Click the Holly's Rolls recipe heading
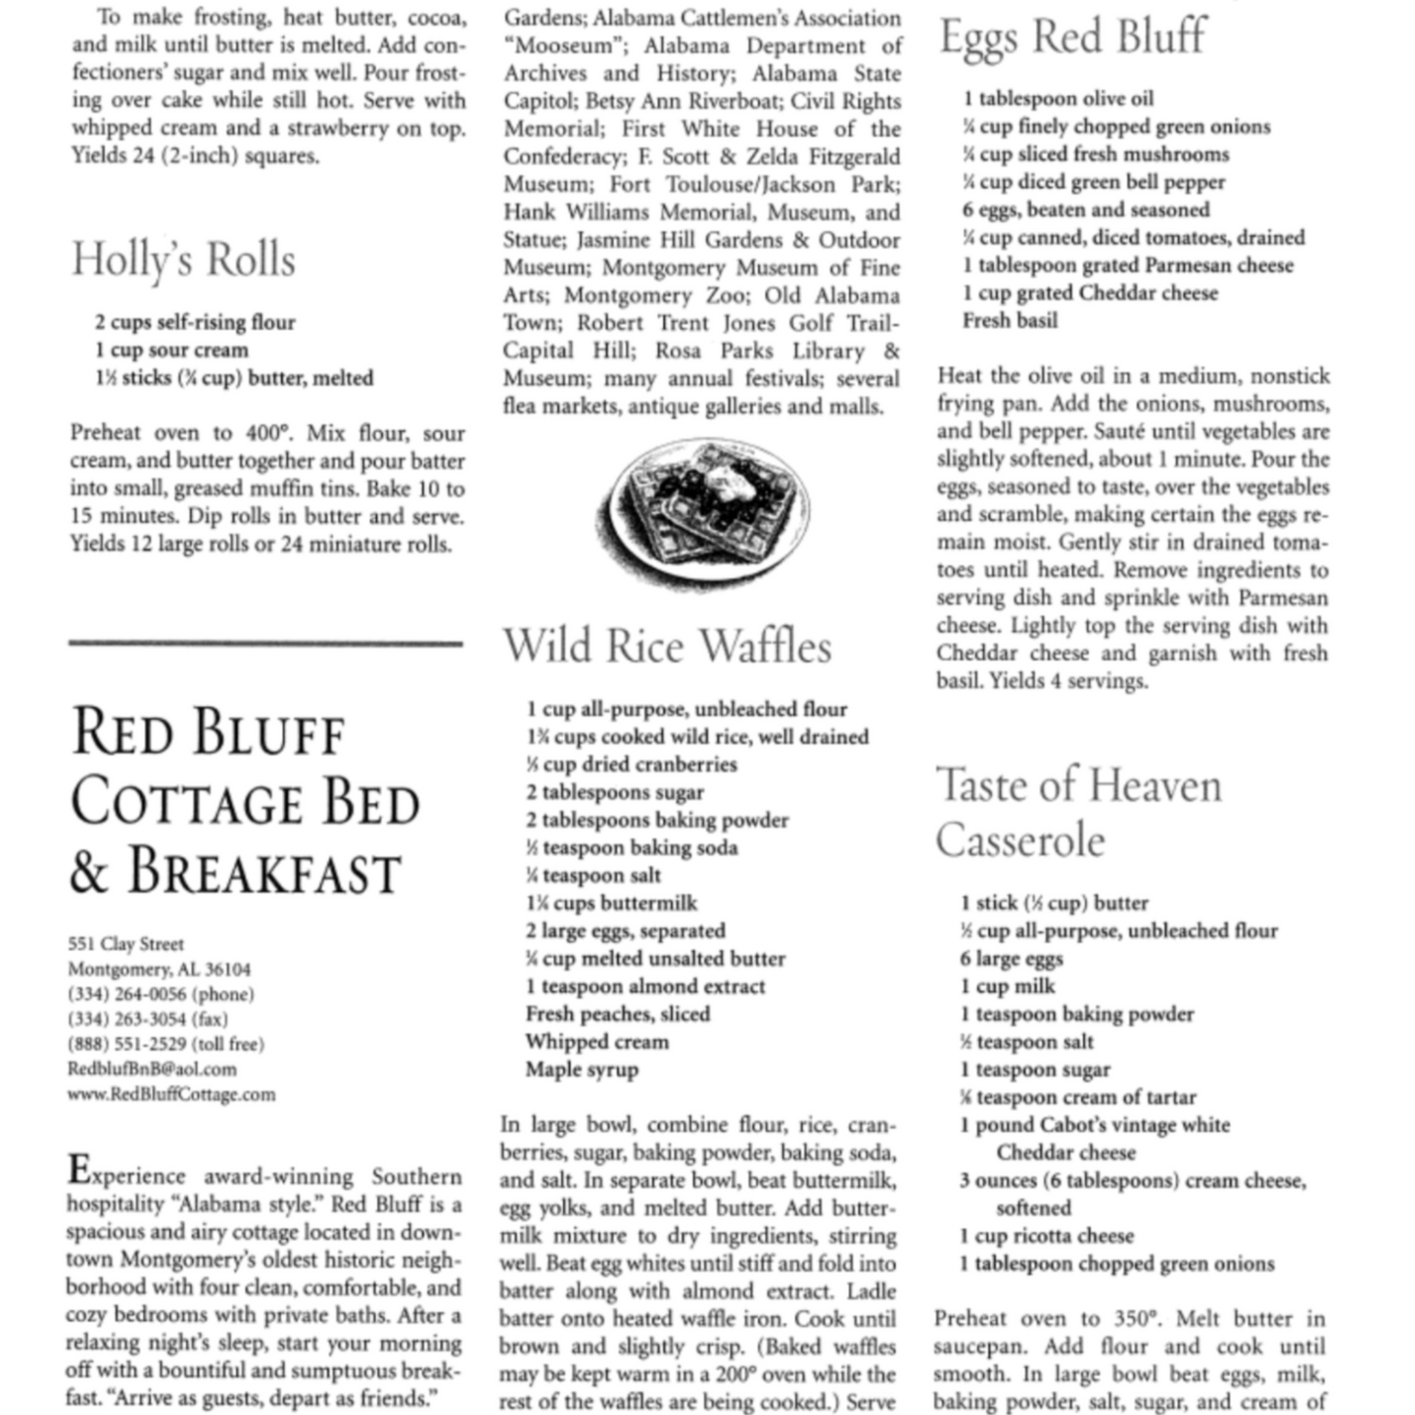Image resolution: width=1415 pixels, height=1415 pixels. pyautogui.click(x=183, y=260)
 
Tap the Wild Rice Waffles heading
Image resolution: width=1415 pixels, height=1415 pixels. pyautogui.click(x=667, y=647)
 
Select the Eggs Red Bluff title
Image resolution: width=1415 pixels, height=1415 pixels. pyautogui.click(x=1072, y=37)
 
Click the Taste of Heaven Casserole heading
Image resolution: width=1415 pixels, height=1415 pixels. pyautogui.click(x=1078, y=813)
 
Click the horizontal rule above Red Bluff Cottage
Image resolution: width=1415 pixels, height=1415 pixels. pyautogui.click(x=265, y=643)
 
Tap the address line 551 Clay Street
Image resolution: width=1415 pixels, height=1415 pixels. pyautogui.click(x=125, y=944)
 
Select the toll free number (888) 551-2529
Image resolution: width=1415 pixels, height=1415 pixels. pyautogui.click(x=165, y=1044)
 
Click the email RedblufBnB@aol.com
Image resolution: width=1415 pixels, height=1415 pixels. pyautogui.click(x=152, y=1069)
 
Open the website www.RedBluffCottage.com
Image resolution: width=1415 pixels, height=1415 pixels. pyautogui.click(x=171, y=1095)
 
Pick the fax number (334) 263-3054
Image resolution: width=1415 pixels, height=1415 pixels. pyautogui.click(x=147, y=1019)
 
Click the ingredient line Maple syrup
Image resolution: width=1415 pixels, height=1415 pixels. pyautogui.click(x=582, y=1069)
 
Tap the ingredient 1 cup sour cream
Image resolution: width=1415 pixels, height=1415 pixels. pyautogui.click(x=171, y=351)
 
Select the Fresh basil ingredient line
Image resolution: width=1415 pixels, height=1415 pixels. pyautogui.click(x=1010, y=320)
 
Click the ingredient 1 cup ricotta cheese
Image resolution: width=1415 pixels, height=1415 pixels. pyautogui.click(x=1046, y=1236)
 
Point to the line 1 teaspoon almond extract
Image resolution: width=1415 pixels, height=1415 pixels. pyautogui.click(x=645, y=986)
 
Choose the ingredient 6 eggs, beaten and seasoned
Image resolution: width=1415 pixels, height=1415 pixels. pyautogui.click(x=1085, y=210)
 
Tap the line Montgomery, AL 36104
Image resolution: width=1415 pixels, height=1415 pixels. pyautogui.click(x=159, y=969)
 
